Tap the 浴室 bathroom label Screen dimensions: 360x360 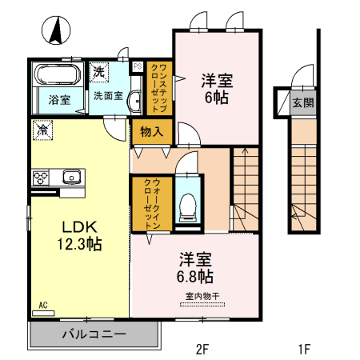click(x=59, y=100)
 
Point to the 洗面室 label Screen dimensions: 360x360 click(x=107, y=96)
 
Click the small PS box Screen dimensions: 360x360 click(x=138, y=66)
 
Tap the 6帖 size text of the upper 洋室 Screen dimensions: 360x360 click(x=215, y=97)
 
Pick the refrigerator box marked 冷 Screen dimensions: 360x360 click(x=42, y=127)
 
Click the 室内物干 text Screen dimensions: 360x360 click(x=201, y=295)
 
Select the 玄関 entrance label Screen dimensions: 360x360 click(x=303, y=102)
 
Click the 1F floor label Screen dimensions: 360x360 click(x=304, y=349)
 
